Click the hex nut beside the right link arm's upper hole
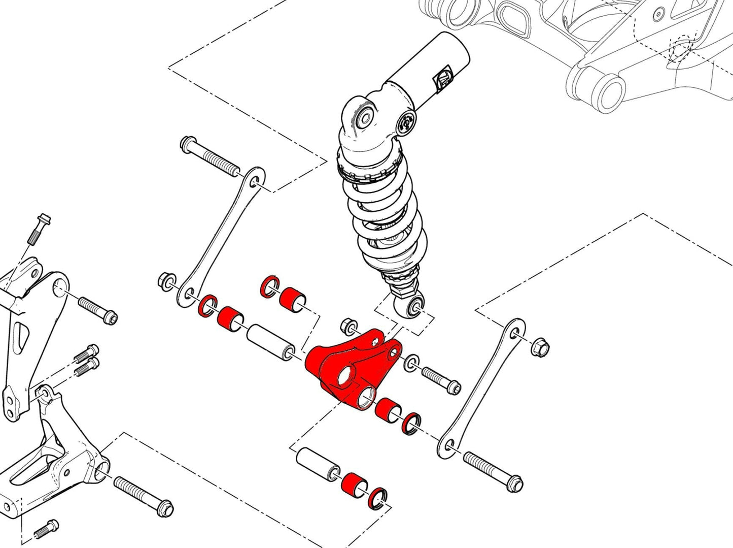click(538, 347)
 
